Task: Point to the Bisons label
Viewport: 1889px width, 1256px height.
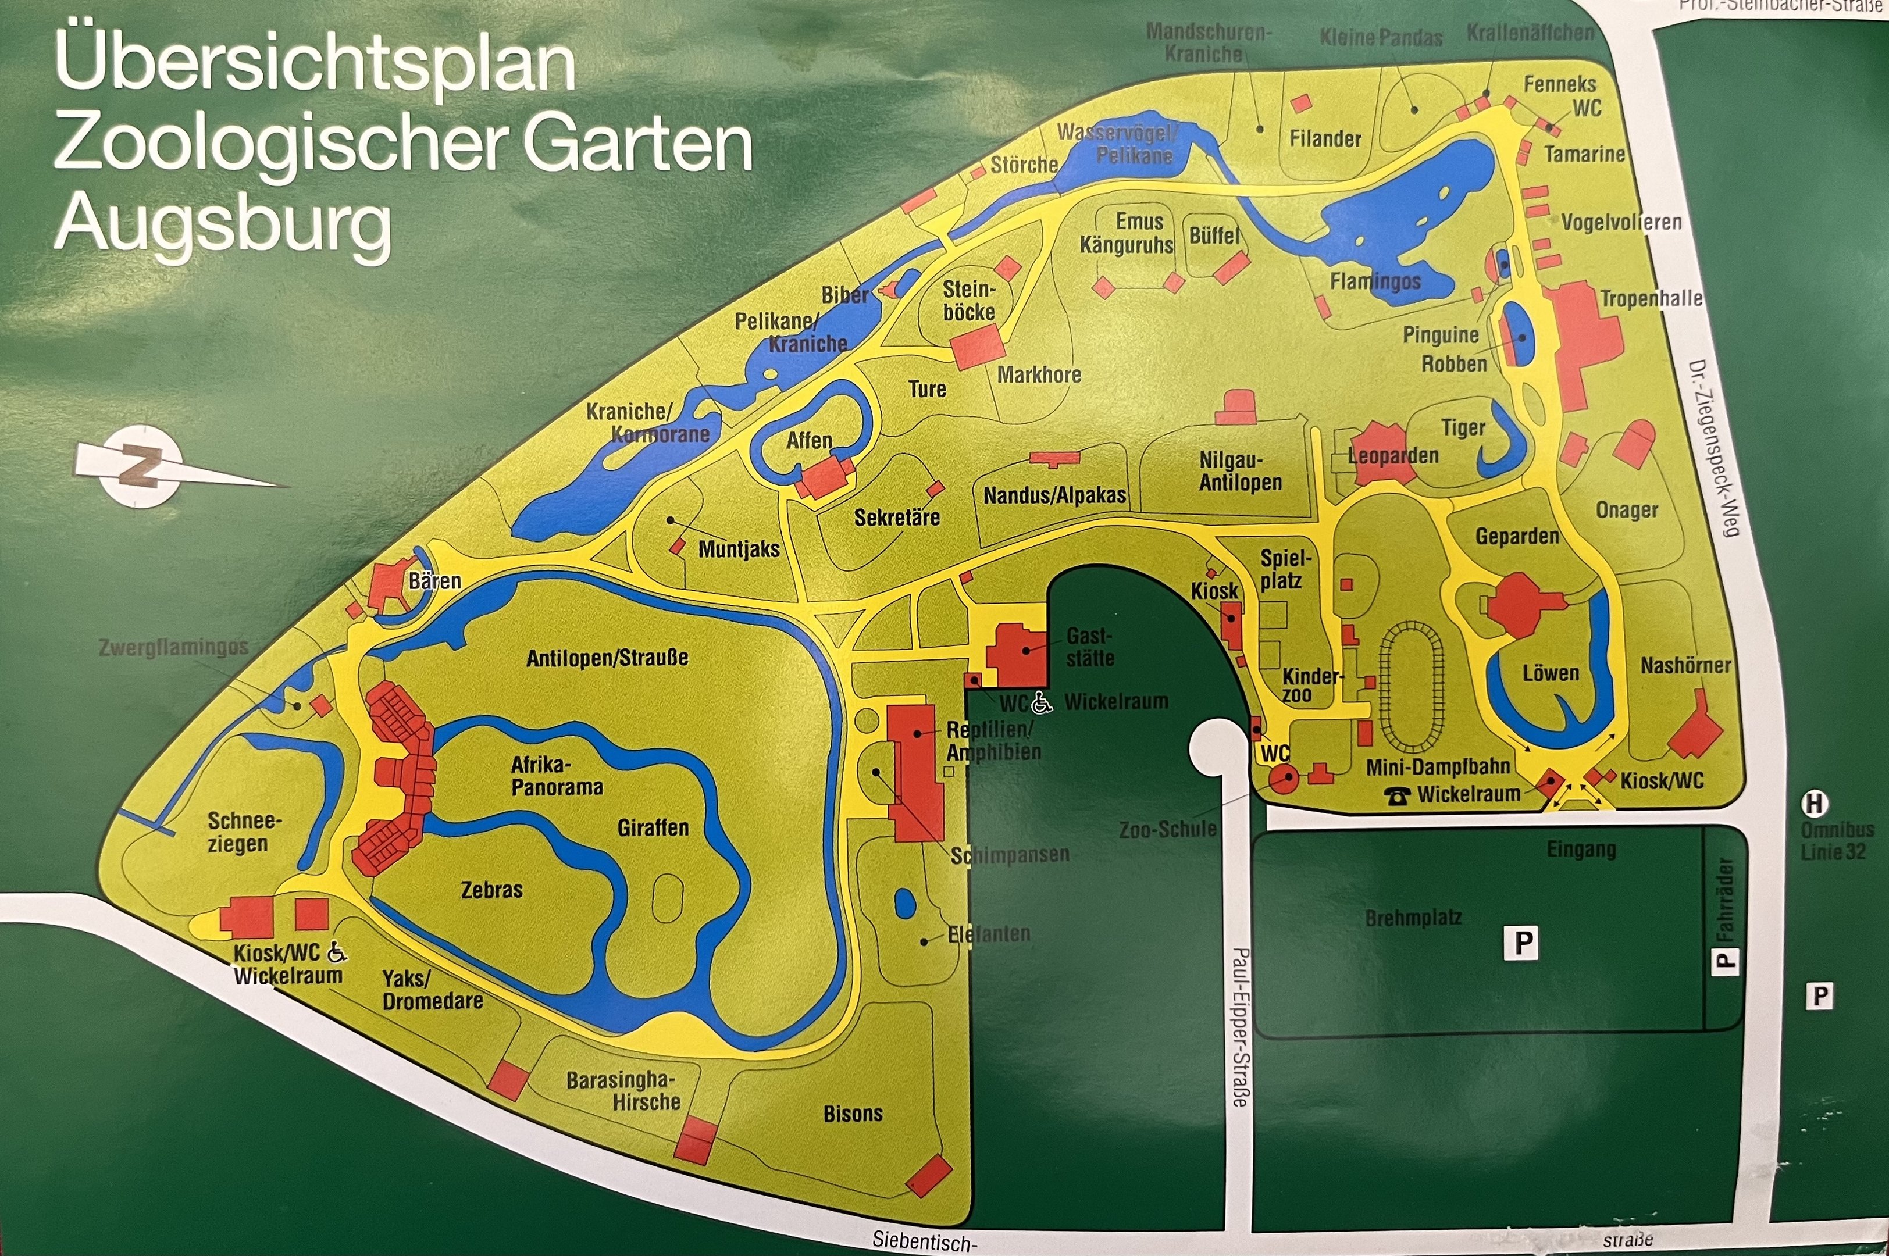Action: pos(853,1114)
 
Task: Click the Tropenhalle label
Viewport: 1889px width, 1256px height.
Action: pos(1651,299)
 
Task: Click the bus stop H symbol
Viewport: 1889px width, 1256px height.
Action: pos(1815,802)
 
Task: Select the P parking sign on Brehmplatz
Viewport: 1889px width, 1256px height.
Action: pos(1522,943)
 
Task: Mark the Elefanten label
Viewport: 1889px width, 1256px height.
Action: pos(989,934)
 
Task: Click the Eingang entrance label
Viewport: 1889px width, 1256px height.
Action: pos(1581,849)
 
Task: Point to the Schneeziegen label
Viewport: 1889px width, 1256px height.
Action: pos(238,832)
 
